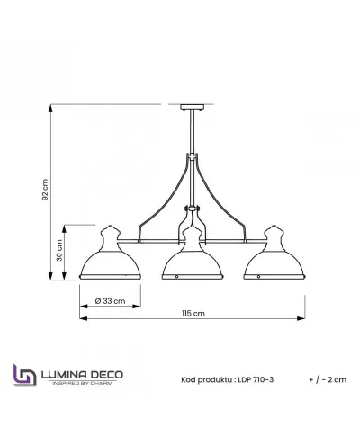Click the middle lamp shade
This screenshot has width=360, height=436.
point(190,262)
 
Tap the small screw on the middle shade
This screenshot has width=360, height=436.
point(177,276)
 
